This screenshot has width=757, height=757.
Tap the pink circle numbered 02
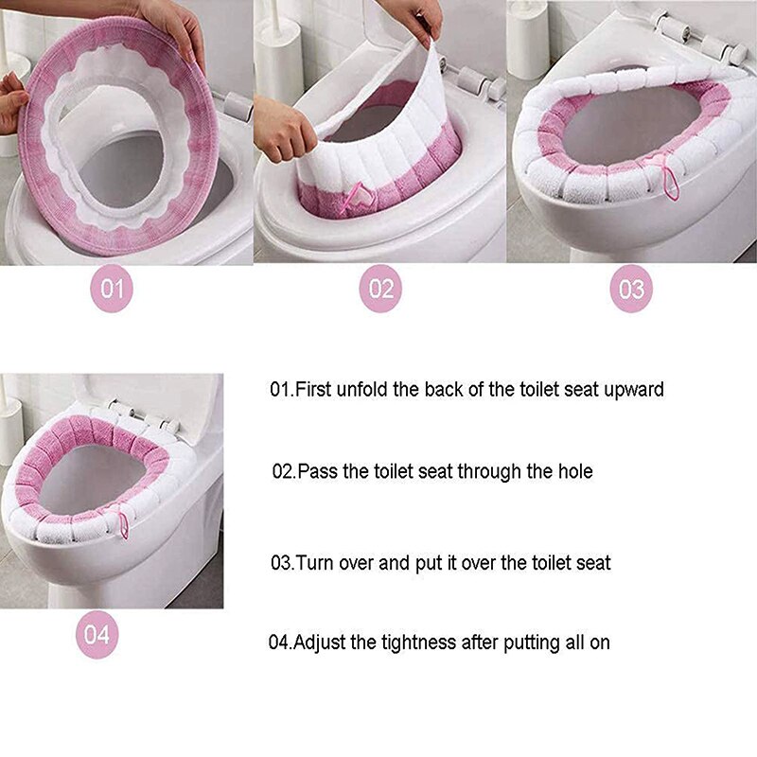pos(380,289)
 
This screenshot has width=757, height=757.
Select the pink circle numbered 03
pos(631,289)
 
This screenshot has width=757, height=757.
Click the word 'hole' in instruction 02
pos(573,470)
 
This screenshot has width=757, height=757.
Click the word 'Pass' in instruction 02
pos(316,470)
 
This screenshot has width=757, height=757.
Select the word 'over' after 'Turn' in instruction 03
pos(358,562)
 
